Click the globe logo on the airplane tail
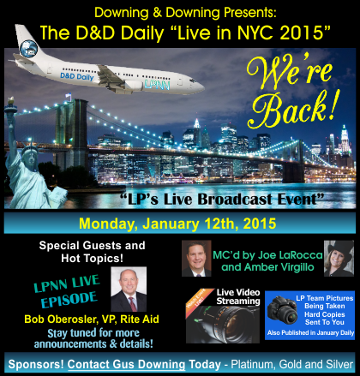(28, 49)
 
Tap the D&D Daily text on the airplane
(77, 76)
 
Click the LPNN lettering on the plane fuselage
(157, 85)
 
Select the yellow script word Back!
(294, 110)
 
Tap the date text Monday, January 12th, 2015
(177, 224)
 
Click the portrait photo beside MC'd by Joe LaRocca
(196, 259)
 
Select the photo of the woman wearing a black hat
(339, 259)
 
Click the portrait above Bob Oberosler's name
(129, 289)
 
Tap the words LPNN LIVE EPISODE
(67, 291)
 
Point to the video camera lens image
(223, 324)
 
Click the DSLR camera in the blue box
(283, 310)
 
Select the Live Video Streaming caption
(238, 296)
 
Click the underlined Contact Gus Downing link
(126, 365)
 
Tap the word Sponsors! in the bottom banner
(36, 364)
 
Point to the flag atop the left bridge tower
(69, 96)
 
